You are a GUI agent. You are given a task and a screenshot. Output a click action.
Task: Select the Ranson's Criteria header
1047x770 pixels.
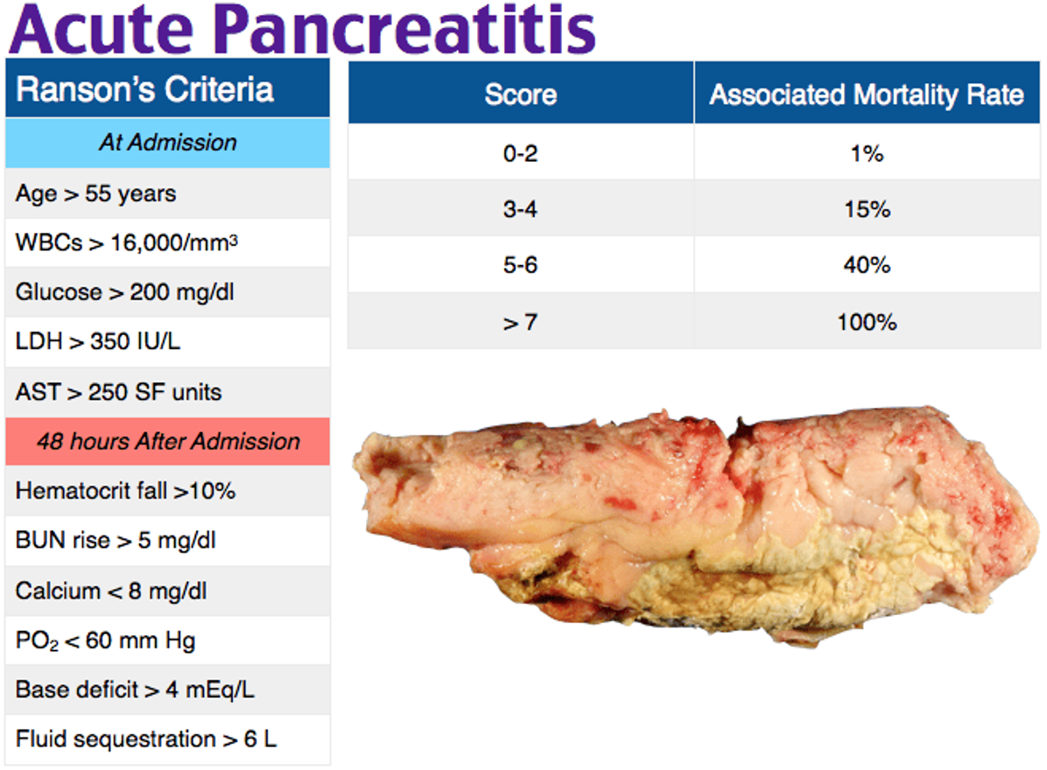click(x=145, y=90)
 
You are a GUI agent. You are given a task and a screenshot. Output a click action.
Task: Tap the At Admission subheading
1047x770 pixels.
click(x=167, y=143)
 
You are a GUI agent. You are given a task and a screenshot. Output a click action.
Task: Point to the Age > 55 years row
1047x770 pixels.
click(x=95, y=193)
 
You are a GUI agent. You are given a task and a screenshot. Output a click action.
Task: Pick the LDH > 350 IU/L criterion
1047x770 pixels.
click(x=98, y=342)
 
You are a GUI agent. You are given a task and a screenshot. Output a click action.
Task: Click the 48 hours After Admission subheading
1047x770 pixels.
click(x=168, y=441)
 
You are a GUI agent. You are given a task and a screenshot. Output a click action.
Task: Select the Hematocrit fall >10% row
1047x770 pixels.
click(x=125, y=491)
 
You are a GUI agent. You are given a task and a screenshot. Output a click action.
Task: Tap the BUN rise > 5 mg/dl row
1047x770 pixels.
click(x=116, y=541)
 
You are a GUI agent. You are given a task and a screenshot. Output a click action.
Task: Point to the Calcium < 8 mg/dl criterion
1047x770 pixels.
click(x=110, y=591)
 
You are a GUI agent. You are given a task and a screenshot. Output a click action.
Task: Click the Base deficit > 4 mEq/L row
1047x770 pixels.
click(x=135, y=689)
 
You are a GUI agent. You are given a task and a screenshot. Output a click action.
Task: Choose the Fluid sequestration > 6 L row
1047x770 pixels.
click(x=146, y=739)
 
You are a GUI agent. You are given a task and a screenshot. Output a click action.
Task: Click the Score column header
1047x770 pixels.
click(x=520, y=94)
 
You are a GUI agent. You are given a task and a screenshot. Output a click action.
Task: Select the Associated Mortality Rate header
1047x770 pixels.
click(x=867, y=94)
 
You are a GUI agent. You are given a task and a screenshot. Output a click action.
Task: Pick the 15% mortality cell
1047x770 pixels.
click(x=867, y=210)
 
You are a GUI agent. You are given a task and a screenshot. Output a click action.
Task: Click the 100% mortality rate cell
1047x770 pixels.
click(x=867, y=322)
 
